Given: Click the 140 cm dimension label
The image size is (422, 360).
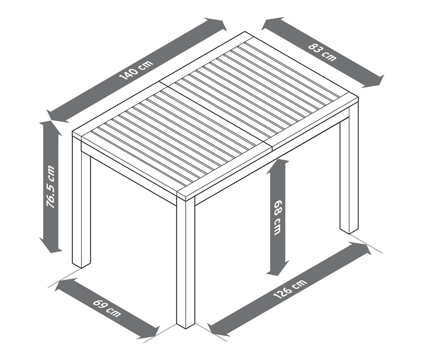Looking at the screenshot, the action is point(136,70).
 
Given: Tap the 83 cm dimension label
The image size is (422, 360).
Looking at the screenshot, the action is point(323,52).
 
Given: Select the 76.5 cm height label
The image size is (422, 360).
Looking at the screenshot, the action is point(50,186).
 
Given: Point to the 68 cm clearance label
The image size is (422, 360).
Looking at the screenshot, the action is point(278,217).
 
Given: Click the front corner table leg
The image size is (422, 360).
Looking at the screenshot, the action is point(186,261).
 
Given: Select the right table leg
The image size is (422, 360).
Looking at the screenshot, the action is point(349,170).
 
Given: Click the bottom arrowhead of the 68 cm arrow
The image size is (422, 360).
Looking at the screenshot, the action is point(278,268).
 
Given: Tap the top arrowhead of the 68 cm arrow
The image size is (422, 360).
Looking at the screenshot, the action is point(278,166).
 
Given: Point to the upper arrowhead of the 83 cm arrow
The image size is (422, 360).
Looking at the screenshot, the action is point(271,23).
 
